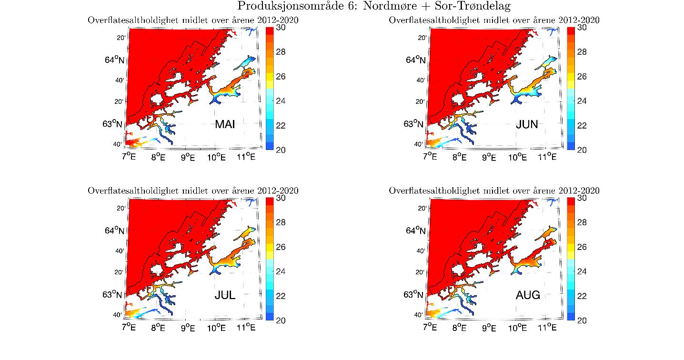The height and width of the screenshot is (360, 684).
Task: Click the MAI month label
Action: [225, 125]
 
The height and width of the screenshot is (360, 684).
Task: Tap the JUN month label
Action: [527, 125]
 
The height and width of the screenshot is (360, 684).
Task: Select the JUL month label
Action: [225, 295]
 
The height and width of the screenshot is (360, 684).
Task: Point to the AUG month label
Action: [527, 295]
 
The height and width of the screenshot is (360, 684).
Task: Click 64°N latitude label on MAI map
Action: [115, 60]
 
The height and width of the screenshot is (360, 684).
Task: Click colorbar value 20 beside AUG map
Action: [582, 320]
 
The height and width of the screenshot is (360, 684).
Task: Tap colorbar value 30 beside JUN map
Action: [582, 28]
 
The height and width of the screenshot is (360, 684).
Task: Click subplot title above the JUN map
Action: [494, 20]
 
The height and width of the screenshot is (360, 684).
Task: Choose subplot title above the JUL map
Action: [193, 191]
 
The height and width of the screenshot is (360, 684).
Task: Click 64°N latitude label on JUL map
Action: [115, 231]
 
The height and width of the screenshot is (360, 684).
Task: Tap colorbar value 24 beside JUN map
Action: [582, 101]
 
